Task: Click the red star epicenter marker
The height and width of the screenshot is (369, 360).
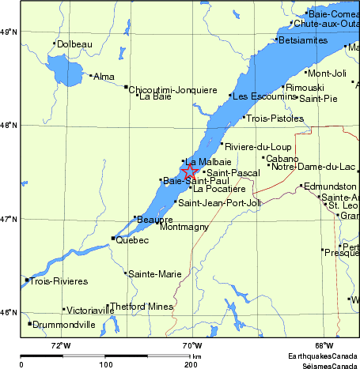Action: tap(191, 171)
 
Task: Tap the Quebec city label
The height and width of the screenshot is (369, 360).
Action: tap(132, 240)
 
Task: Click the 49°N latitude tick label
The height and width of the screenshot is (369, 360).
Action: tap(9, 32)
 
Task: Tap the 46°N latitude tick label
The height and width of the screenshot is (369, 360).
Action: tap(9, 312)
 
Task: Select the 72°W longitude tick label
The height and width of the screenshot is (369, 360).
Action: tap(61, 345)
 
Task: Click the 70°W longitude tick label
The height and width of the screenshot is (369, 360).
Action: tap(191, 345)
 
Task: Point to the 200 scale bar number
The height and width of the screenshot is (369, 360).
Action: tap(190, 364)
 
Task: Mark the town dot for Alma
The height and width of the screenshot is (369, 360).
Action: tap(90, 76)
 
